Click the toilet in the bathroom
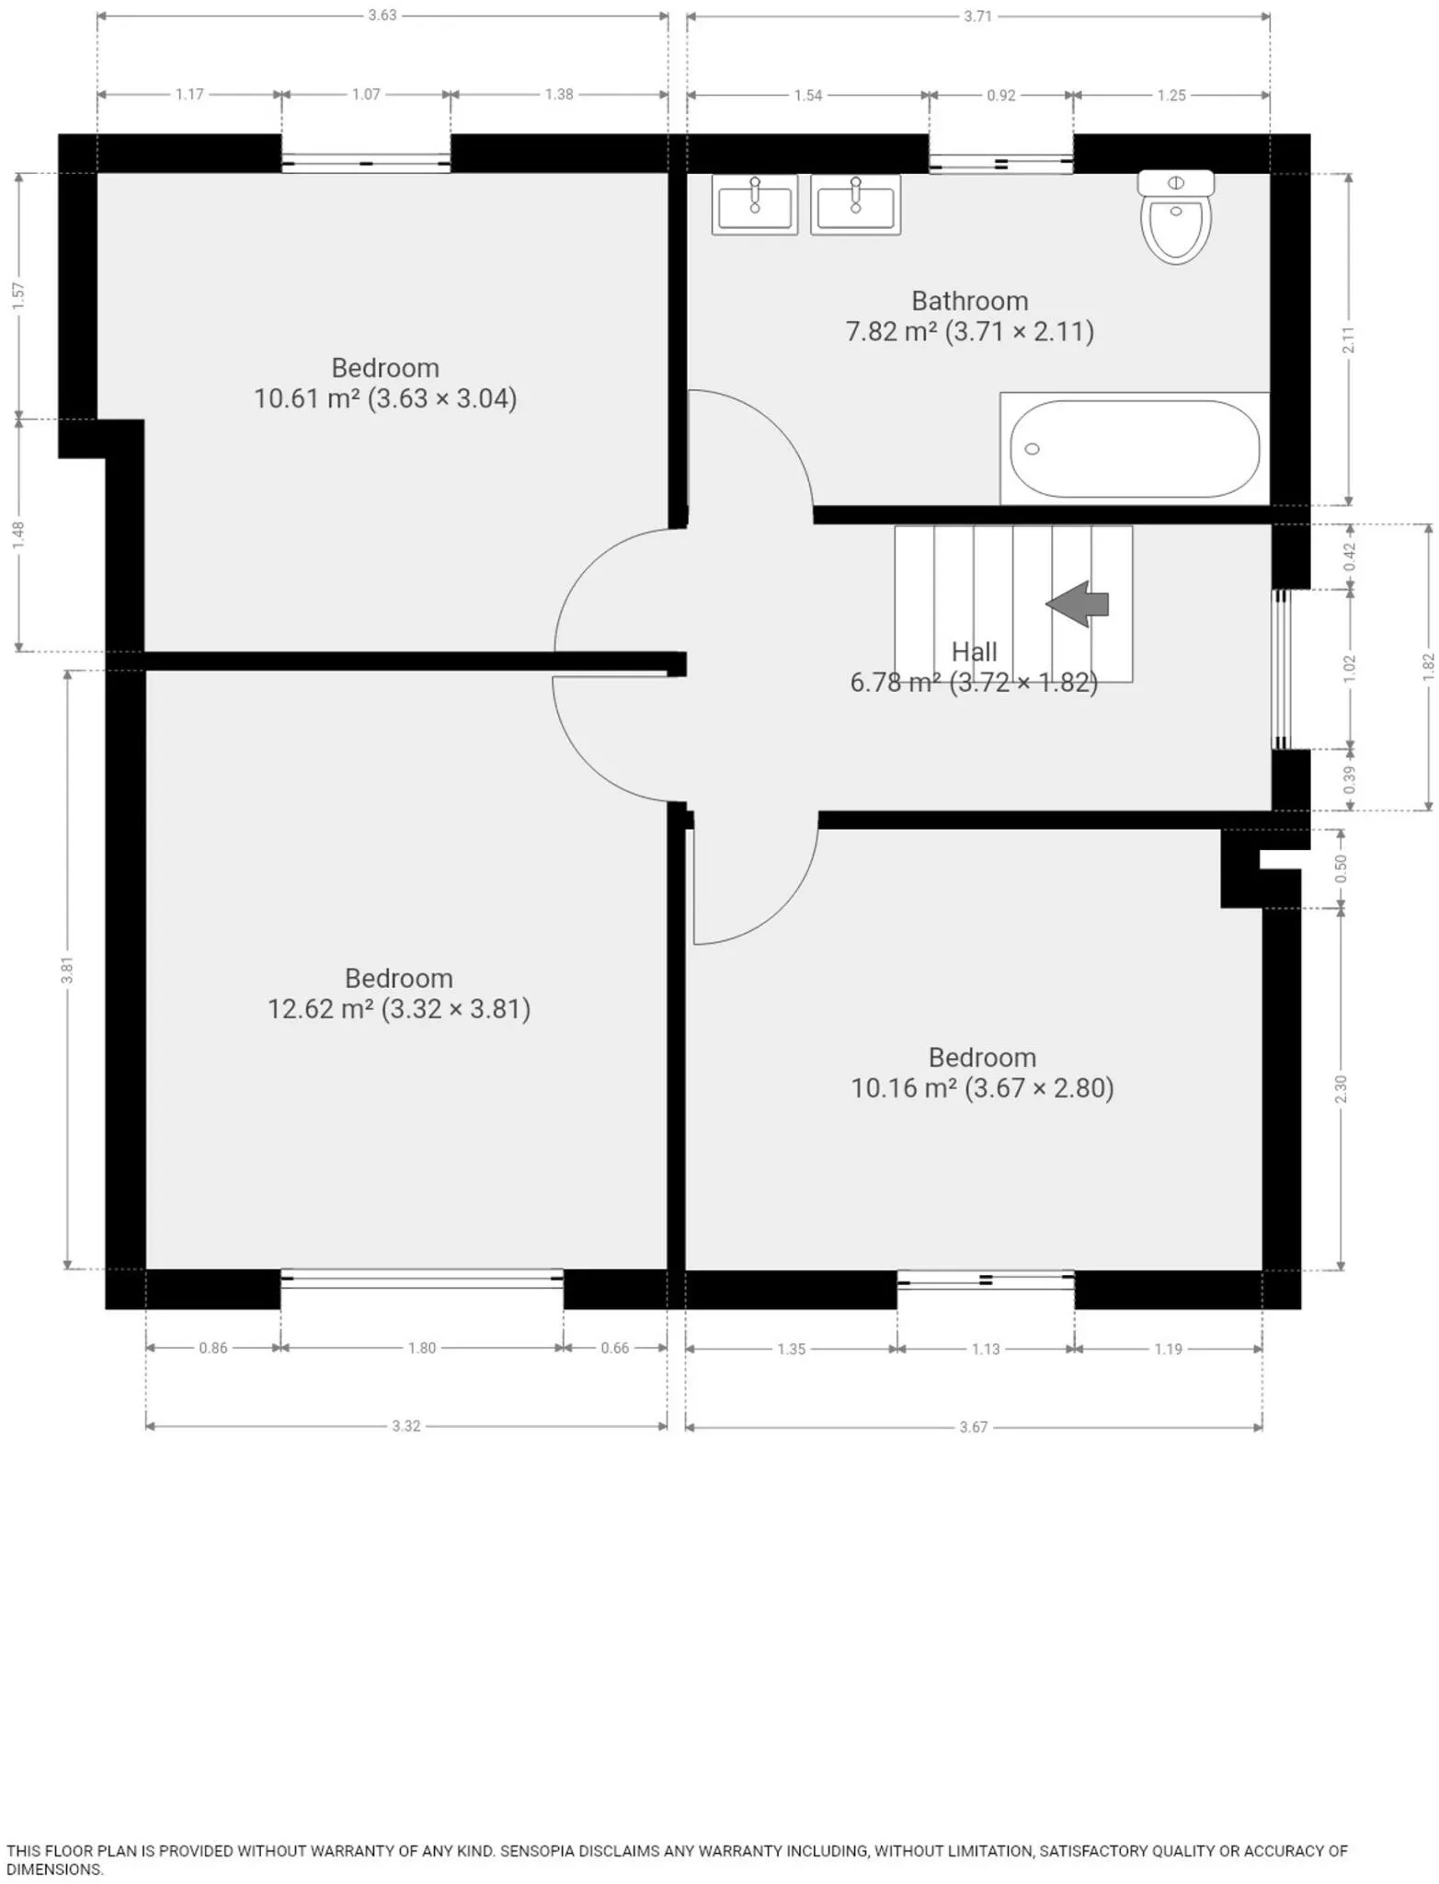1175,216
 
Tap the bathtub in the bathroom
1135,449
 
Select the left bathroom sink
755,205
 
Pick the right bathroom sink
855,205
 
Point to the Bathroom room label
970,301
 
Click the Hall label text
974,652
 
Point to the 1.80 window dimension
422,1348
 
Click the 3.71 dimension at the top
978,16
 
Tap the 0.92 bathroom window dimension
1001,95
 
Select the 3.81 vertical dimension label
66,971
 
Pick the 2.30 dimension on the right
1341,1089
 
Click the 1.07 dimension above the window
366,94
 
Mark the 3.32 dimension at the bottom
406,1426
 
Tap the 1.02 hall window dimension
1350,669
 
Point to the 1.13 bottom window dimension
986,1349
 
